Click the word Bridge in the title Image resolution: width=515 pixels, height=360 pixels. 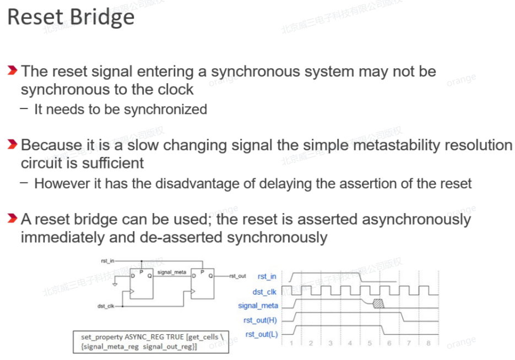click(x=102, y=18)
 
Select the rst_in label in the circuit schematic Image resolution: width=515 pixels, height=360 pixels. click(x=107, y=260)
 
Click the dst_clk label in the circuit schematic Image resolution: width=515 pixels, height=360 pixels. click(x=106, y=306)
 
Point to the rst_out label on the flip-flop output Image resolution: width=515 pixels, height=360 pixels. click(x=238, y=276)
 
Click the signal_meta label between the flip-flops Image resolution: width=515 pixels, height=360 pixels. click(x=171, y=272)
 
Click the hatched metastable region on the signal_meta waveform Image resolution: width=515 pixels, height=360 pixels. click(x=378, y=303)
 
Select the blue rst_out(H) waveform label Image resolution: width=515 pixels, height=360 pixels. click(x=260, y=320)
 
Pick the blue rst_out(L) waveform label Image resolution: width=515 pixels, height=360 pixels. click(x=261, y=334)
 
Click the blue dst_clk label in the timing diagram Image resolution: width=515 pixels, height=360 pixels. click(x=264, y=292)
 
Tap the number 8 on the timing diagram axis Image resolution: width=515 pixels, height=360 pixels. click(x=428, y=343)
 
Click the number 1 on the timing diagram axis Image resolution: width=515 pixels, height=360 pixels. click(x=291, y=343)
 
